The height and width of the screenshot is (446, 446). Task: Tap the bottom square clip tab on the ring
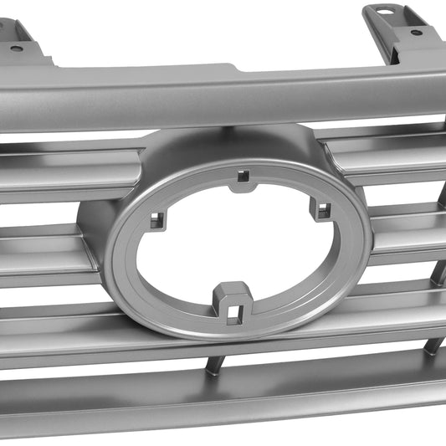point(233,305)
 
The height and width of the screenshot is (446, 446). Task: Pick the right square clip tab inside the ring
point(320,208)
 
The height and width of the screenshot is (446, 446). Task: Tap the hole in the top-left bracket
point(16,49)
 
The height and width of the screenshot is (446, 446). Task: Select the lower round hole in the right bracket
point(416,33)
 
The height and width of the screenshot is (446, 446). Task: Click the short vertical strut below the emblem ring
point(215,365)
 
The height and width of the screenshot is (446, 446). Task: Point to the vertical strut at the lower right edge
point(433,344)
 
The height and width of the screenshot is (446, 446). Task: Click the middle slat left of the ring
point(42,255)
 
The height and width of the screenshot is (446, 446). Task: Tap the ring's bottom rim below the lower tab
point(243,330)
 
